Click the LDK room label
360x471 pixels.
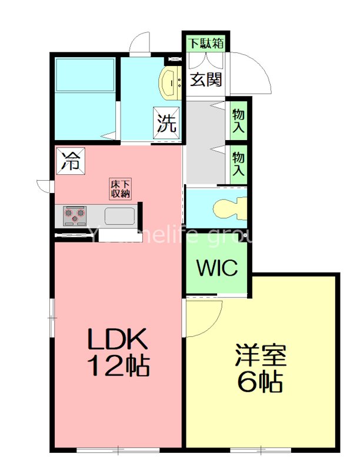coord(116,340)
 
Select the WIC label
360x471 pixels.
coord(217,268)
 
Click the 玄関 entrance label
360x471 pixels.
coord(205,79)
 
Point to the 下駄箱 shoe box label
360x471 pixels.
coord(205,43)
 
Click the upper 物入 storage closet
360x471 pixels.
coord(238,120)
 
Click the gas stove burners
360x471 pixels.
coord(74,215)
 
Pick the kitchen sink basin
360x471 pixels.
coord(120,216)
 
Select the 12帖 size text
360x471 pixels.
coord(118,366)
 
